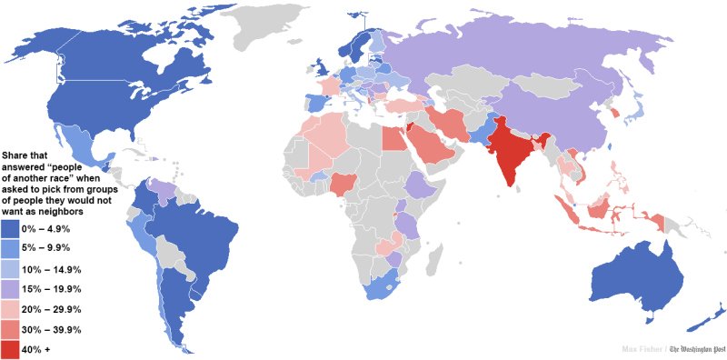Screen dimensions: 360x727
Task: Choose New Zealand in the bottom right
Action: (704, 318)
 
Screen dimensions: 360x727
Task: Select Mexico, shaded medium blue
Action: (77, 145)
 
